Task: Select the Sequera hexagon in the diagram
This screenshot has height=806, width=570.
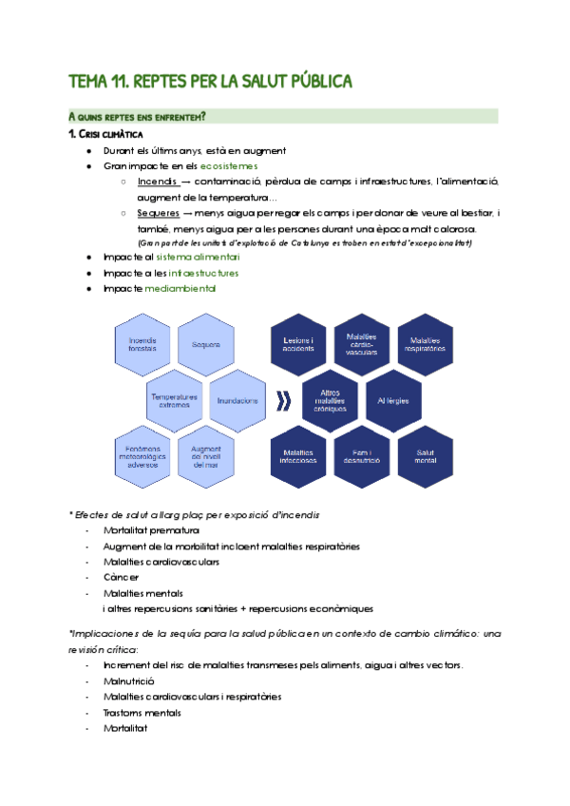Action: click(x=205, y=345)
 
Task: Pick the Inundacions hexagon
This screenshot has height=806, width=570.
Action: click(x=237, y=400)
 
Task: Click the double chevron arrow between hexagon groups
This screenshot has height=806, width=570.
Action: click(x=281, y=400)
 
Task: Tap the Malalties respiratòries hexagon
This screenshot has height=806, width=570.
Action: click(x=427, y=345)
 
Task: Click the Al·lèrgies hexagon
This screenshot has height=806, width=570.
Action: click(x=393, y=400)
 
